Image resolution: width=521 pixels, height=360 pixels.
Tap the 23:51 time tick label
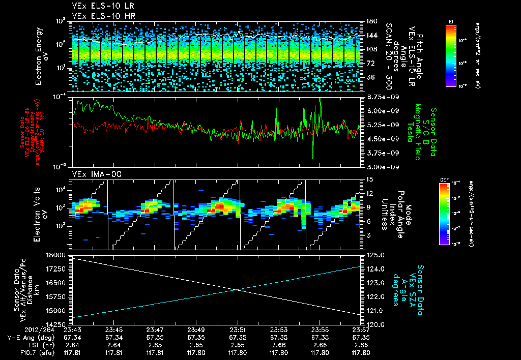pyautogui.click(x=238, y=329)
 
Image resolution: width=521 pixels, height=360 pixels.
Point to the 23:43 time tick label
pyautogui.click(x=72, y=329)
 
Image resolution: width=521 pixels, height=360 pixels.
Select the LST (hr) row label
pyautogui.click(x=22, y=344)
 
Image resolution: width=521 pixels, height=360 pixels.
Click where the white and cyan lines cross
pyautogui.click(x=237, y=289)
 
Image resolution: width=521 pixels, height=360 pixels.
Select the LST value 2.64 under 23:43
pyautogui.click(x=72, y=344)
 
